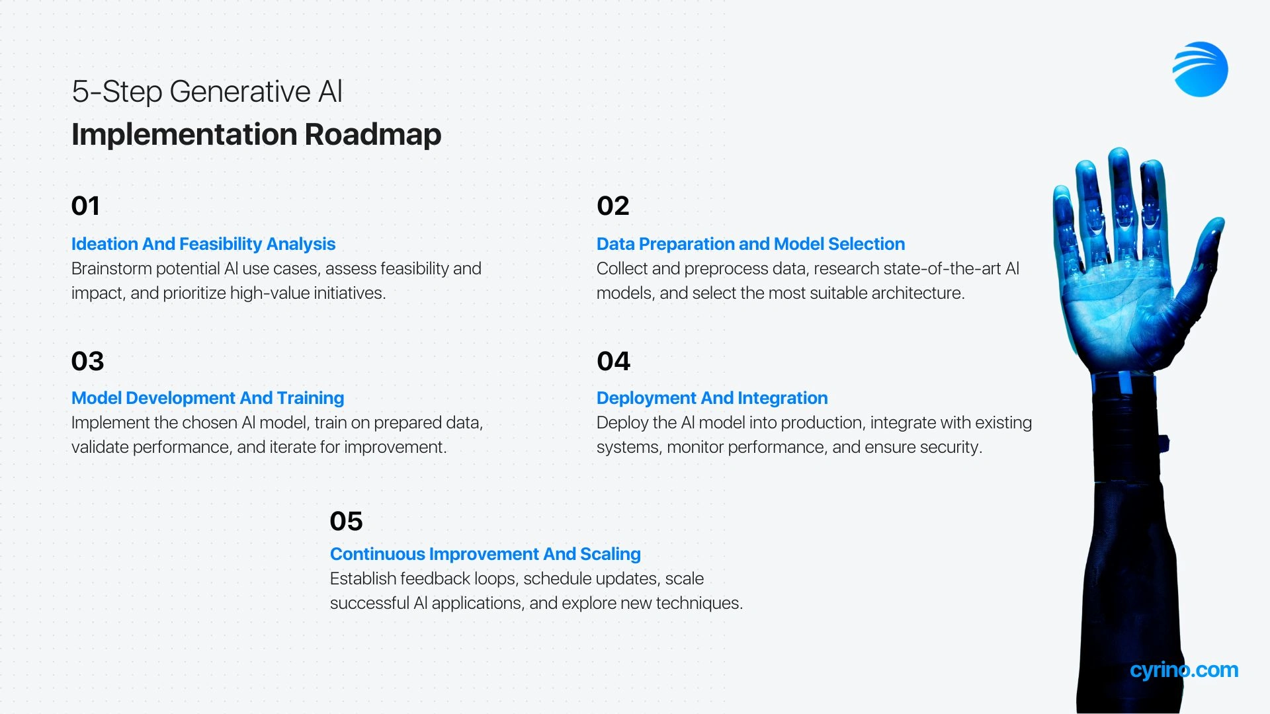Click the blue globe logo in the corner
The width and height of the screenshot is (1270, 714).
coord(1200,69)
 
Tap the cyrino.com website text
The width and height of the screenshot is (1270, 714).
coord(1184,670)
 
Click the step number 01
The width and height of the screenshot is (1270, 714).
coord(85,206)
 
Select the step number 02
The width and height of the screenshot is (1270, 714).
coord(613,206)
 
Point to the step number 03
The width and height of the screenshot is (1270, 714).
coord(87,362)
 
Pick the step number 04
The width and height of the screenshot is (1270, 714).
coord(613,362)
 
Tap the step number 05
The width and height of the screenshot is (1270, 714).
coord(346,522)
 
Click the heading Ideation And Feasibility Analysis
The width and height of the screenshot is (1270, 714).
coord(203,244)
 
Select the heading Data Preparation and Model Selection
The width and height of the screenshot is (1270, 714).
coord(751,244)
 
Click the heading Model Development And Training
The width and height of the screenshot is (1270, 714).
coord(208,398)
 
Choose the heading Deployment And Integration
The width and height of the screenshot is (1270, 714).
coord(712,398)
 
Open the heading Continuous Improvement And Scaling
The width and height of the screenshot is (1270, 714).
coord(486,554)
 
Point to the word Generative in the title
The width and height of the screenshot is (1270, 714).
coord(240,92)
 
